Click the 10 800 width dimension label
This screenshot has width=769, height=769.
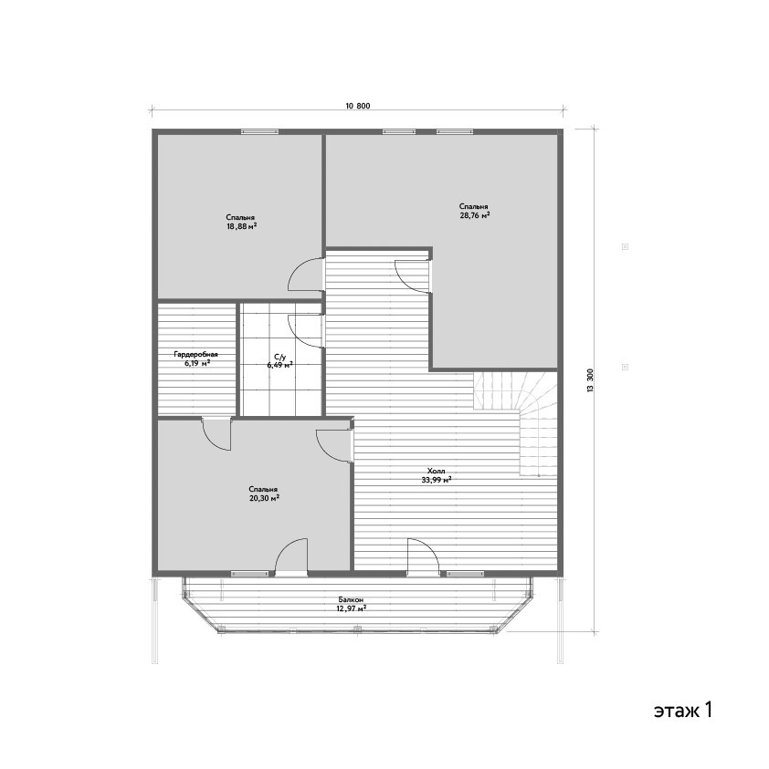357,106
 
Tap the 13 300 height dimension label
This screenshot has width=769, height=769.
590,380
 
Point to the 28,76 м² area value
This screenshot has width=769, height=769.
474,215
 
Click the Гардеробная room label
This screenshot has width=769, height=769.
196,354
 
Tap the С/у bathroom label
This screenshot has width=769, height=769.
279,358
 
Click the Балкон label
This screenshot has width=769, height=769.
351,600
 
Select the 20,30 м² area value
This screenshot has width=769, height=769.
265,498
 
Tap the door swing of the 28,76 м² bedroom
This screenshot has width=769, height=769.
413,276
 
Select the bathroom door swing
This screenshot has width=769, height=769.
305,331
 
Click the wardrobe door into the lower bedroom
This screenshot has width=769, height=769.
216,433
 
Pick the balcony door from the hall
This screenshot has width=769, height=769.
423,556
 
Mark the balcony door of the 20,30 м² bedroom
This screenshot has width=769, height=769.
291,556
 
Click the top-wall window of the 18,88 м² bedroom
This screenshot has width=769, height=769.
259,131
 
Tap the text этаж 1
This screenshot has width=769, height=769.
682,710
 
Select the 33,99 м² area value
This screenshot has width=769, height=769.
436,480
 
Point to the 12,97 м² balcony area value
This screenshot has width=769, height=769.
351,608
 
